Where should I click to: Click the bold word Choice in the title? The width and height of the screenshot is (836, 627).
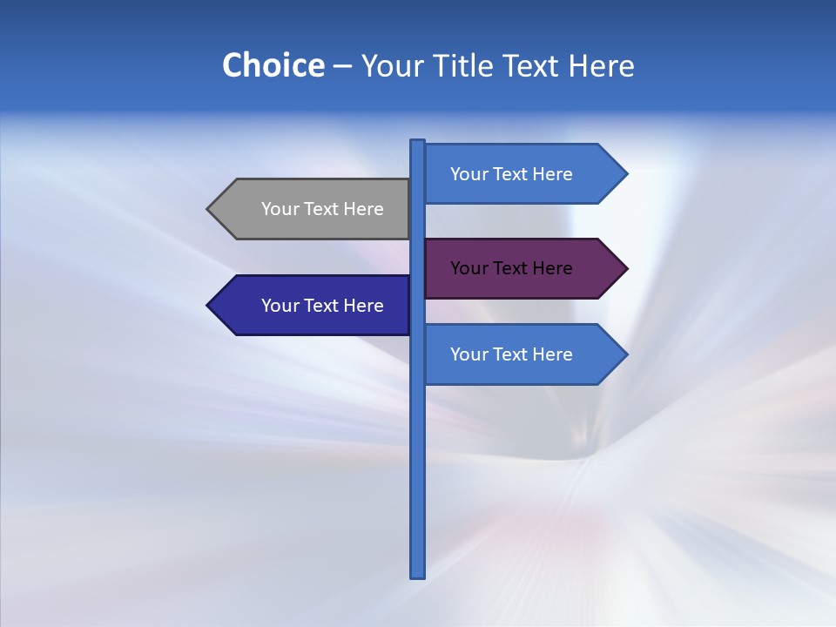pyautogui.click(x=273, y=66)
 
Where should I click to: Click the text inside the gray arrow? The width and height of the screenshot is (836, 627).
pyautogui.click(x=322, y=209)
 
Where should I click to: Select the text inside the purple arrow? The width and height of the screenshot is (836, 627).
pyautogui.click(x=511, y=268)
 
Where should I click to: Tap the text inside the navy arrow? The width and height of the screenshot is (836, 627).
pyautogui.click(x=322, y=306)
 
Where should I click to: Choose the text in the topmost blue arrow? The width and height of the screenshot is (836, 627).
pyautogui.click(x=511, y=174)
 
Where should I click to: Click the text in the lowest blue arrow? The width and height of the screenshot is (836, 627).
pyautogui.click(x=511, y=354)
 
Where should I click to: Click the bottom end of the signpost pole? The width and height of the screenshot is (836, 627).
pyautogui.click(x=418, y=574)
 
